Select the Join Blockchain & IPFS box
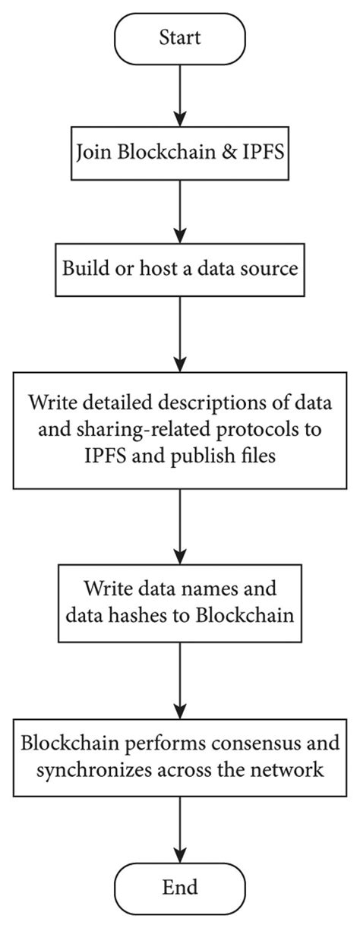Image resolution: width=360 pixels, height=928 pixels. click(x=179, y=153)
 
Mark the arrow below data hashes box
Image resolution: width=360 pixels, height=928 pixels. click(x=179, y=679)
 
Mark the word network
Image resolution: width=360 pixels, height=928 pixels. click(x=292, y=769)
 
